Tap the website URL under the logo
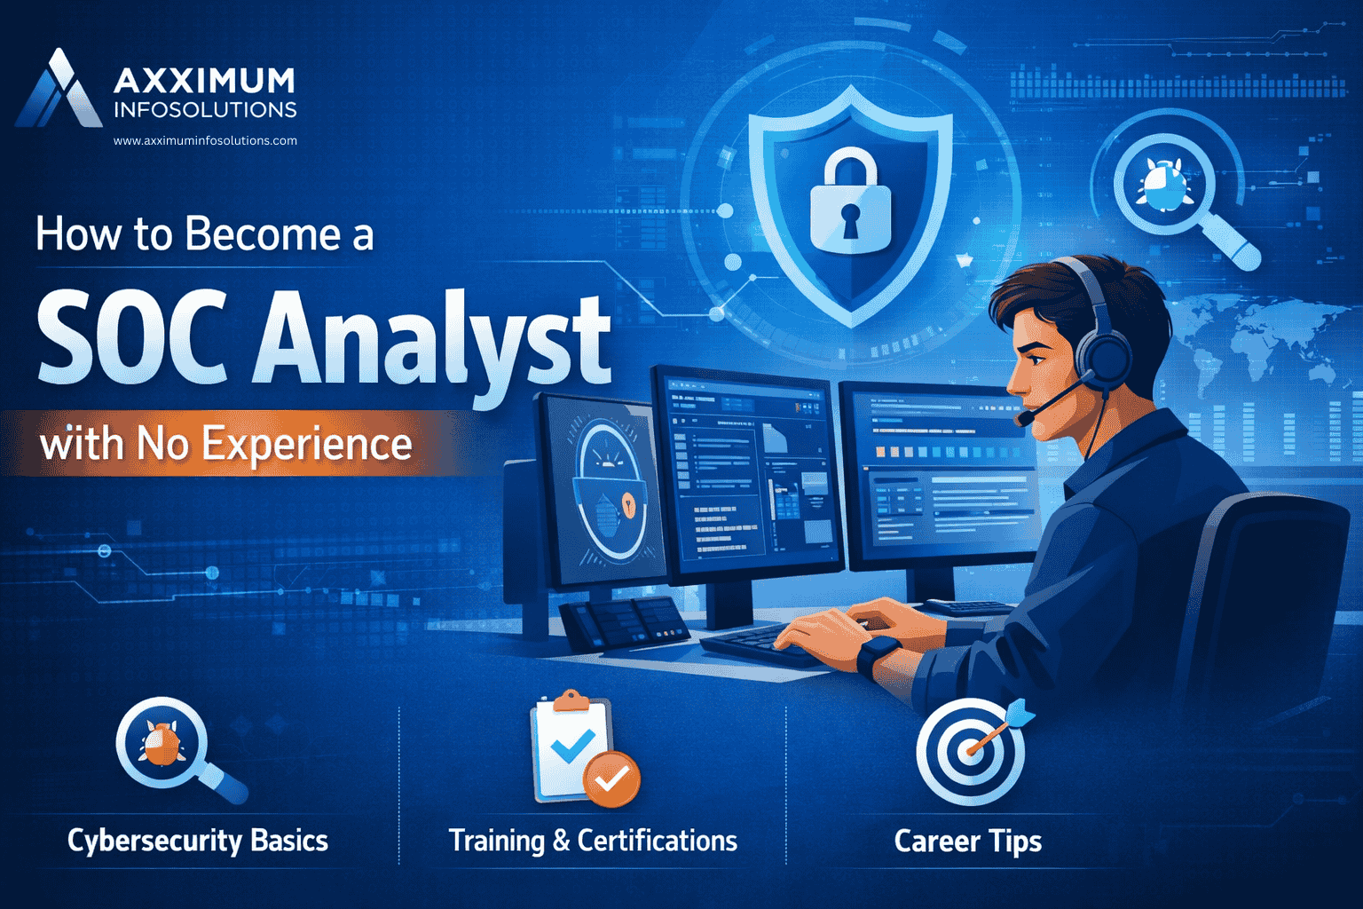tap(205, 140)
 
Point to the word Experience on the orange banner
tap(307, 443)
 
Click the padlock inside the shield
tap(850, 202)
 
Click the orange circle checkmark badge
tap(611, 779)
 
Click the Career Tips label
tap(967, 841)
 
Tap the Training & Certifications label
tap(593, 840)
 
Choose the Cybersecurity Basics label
tap(198, 840)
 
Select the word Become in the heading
tap(263, 235)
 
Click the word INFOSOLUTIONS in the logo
tap(205, 110)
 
